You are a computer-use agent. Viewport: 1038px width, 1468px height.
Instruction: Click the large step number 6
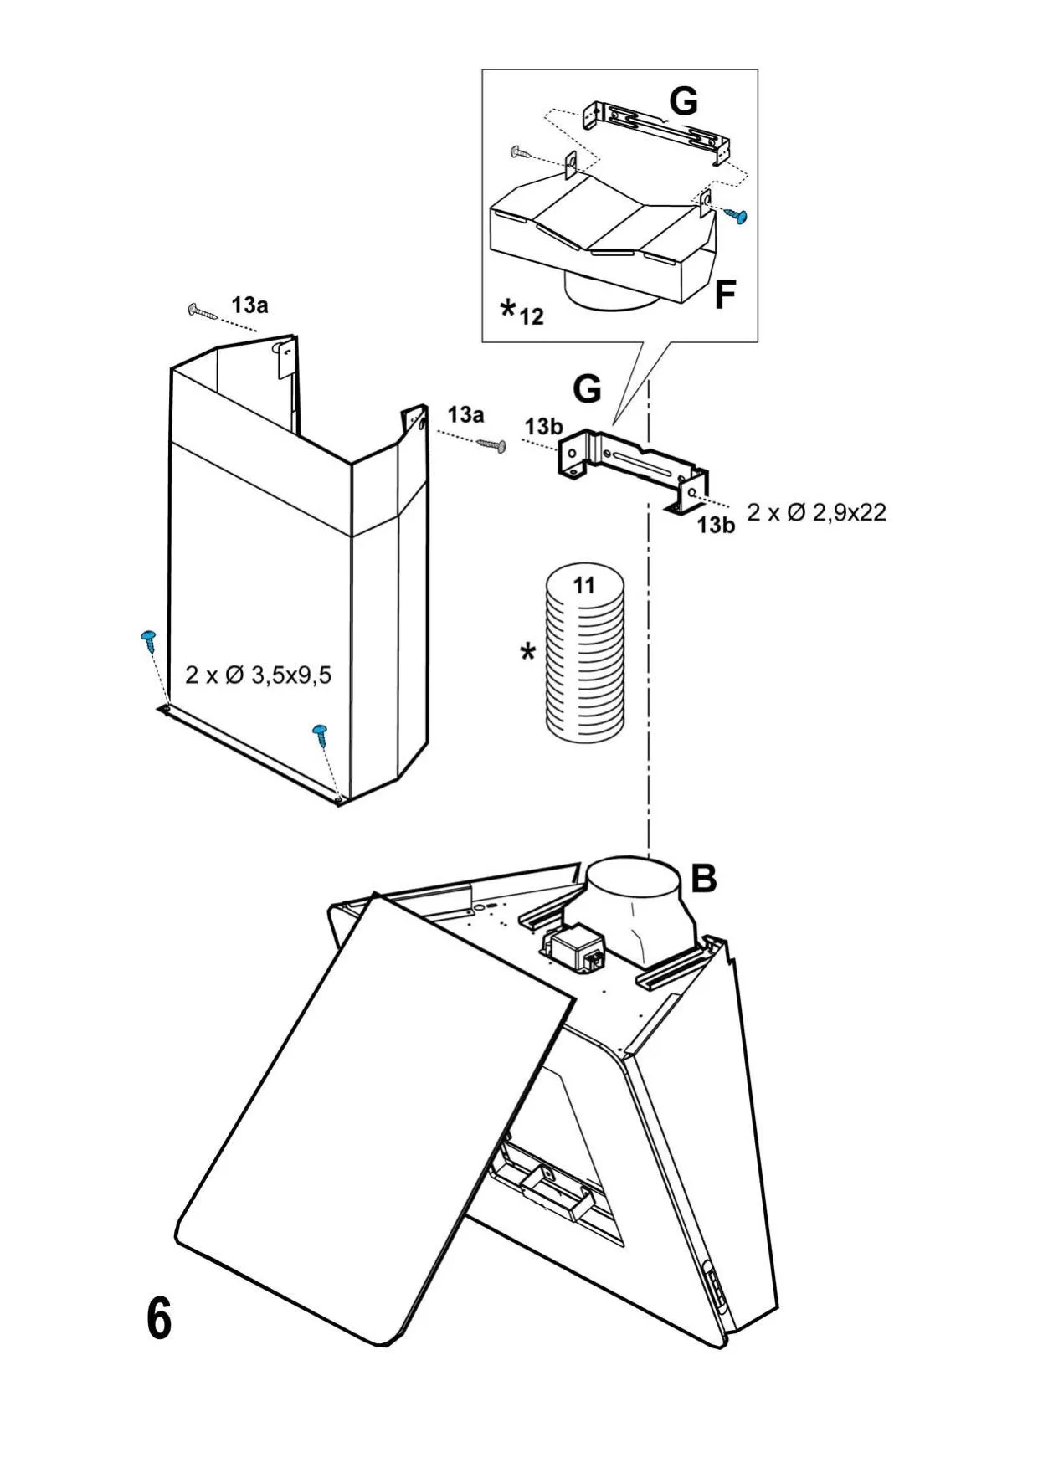[158, 1320]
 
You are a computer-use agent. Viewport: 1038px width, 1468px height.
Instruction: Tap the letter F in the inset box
[725, 295]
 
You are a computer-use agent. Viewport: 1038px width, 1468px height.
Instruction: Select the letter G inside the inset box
[684, 101]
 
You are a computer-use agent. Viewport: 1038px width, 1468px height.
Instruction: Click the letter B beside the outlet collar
[704, 878]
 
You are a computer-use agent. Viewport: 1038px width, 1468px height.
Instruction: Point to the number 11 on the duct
[583, 585]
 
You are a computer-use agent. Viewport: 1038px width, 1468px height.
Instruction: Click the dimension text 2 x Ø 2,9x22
[816, 512]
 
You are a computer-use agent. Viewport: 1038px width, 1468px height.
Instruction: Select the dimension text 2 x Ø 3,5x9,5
[258, 675]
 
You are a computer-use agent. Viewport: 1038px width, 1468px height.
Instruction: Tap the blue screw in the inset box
[737, 216]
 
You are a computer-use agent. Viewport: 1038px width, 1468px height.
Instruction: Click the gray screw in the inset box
[519, 152]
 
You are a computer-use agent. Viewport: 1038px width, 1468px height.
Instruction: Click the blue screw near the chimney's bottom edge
[321, 735]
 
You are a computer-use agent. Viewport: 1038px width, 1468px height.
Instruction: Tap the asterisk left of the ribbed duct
[527, 651]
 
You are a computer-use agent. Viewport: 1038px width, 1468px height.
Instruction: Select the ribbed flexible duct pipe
[584, 653]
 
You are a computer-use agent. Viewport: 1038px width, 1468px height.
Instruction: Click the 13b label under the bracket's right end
[716, 525]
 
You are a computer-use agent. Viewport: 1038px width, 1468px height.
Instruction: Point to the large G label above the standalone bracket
[587, 389]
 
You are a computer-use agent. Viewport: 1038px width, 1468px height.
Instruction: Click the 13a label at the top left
[249, 305]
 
